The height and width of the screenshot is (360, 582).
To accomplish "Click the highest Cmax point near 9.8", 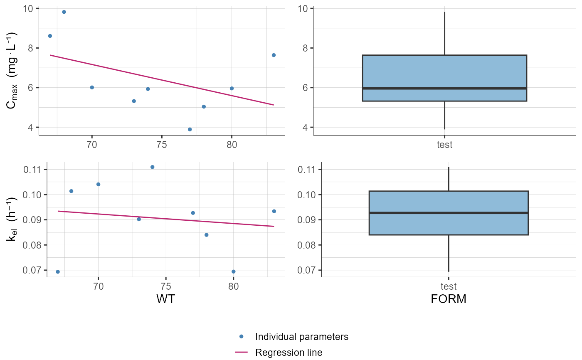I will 64,12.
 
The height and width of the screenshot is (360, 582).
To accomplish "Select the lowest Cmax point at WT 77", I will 190,129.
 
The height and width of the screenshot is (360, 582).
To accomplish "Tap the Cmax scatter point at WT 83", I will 274,55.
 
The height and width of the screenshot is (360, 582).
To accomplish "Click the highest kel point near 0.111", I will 152,167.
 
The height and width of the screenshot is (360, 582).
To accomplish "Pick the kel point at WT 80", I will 233,271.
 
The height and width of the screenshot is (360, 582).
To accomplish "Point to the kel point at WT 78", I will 206,235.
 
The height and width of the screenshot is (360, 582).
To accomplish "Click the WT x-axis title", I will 165,299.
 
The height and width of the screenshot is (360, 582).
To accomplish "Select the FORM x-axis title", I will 449,299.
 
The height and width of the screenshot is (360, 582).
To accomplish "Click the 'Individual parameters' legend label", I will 301,337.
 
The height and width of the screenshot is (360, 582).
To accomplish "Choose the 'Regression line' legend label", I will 289,353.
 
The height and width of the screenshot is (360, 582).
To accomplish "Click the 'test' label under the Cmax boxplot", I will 444,145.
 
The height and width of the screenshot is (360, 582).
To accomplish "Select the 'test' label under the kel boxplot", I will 449,286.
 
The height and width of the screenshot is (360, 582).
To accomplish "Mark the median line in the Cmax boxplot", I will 444,88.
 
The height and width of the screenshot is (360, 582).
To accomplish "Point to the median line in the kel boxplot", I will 449,213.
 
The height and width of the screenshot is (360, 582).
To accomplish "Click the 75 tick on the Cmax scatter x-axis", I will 162,145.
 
